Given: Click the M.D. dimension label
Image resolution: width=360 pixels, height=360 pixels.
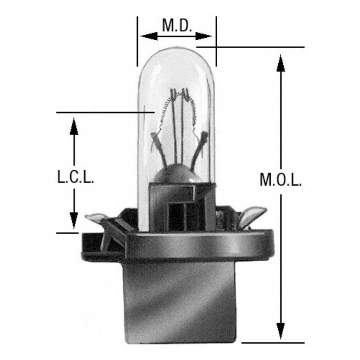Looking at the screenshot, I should click(x=177, y=26).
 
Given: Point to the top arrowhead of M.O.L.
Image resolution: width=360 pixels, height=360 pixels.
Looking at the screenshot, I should click(x=280, y=61).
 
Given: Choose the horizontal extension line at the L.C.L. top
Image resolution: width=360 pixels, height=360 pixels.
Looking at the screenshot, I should click(x=102, y=113).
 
